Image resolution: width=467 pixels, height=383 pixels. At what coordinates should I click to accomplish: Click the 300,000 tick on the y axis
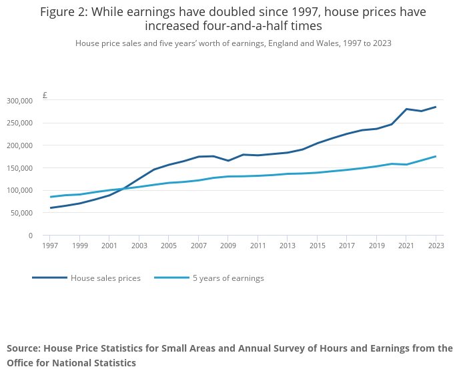(19, 101)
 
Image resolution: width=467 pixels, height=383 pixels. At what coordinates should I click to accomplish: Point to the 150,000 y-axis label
(19, 168)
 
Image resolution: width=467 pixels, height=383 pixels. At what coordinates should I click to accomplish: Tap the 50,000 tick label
(21, 213)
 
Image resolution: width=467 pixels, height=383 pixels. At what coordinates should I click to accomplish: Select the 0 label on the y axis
(31, 236)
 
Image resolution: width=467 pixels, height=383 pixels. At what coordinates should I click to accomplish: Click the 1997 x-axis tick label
(50, 246)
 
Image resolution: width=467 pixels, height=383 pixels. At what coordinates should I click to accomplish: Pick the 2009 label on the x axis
(228, 246)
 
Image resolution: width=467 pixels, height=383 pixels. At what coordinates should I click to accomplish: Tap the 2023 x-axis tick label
(436, 246)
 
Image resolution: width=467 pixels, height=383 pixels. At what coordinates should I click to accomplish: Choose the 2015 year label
(317, 246)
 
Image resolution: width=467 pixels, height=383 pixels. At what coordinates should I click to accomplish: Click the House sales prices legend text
(105, 278)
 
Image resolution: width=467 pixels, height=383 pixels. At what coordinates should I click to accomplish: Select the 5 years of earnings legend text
(228, 278)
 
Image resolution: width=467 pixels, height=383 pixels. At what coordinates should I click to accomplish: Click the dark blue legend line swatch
(50, 278)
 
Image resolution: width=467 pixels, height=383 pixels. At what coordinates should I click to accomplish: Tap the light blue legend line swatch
(172, 278)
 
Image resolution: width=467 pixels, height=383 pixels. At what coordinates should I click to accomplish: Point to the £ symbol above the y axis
(45, 95)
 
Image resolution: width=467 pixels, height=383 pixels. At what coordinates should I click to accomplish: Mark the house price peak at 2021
(406, 109)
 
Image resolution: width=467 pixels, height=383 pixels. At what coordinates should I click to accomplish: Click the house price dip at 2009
(228, 161)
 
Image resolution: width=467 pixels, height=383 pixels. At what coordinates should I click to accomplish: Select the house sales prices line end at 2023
(436, 107)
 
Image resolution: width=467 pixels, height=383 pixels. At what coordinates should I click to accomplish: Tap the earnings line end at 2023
(436, 156)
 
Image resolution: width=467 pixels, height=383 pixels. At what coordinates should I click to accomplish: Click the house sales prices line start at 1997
(51, 208)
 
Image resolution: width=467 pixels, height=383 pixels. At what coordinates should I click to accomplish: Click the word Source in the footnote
(24, 348)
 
